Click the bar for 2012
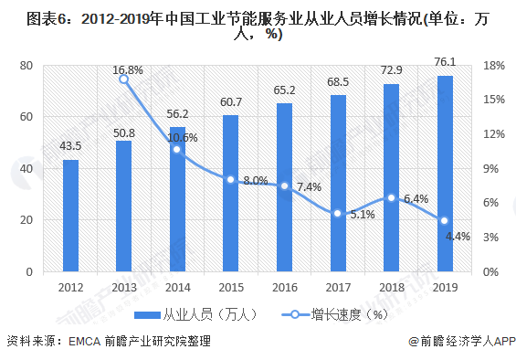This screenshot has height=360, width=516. pyautogui.click(x=70, y=216)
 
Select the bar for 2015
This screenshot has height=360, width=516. pyautogui.click(x=231, y=194)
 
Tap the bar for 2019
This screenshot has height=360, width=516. pyautogui.click(x=445, y=174)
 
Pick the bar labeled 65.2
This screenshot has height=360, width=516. pyautogui.click(x=284, y=187)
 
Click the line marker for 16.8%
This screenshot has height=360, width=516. pyautogui.click(x=124, y=79)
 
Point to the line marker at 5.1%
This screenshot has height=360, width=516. pyautogui.click(x=338, y=213)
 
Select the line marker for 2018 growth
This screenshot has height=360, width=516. pyautogui.click(x=391, y=198)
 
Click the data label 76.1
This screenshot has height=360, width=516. pyautogui.click(x=445, y=63)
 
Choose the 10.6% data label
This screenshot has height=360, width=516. pyautogui.click(x=183, y=137)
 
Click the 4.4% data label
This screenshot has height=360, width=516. pyautogui.click(x=457, y=236)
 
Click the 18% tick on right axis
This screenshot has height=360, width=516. pyautogui.click(x=494, y=66)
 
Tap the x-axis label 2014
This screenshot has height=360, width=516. pyautogui.click(x=177, y=288)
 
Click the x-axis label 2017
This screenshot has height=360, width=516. pyautogui.click(x=338, y=288)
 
